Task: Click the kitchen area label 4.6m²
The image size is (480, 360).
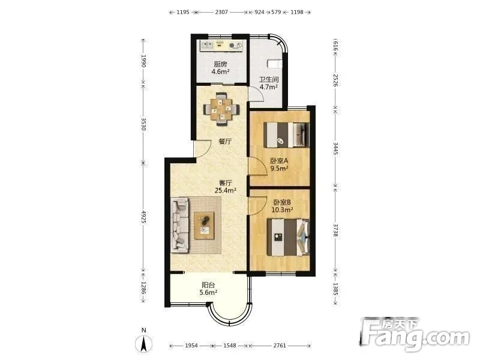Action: tap(220, 71)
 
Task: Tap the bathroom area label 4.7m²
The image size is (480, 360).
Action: tap(268, 86)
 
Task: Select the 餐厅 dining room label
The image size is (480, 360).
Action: tap(225, 142)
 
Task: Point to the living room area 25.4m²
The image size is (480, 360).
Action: tap(226, 190)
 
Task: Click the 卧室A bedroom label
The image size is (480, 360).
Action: tap(279, 160)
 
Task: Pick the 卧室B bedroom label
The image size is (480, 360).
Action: tap(282, 202)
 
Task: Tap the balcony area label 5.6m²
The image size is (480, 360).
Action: tap(208, 292)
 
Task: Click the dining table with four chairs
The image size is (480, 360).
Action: tap(221, 109)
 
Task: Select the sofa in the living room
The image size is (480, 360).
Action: tap(179, 225)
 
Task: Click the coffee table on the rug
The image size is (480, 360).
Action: tap(204, 226)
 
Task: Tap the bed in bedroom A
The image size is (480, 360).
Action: tap(287, 135)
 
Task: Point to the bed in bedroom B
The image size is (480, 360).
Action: tap(289, 237)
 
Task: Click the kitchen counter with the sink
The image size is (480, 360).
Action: tap(221, 46)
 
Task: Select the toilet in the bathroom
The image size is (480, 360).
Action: tap(275, 64)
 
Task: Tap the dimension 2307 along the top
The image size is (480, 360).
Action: tap(221, 12)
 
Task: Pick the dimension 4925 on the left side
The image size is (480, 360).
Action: tap(143, 217)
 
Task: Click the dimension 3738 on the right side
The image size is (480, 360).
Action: tap(335, 229)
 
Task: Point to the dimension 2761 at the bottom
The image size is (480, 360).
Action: tap(280, 346)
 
